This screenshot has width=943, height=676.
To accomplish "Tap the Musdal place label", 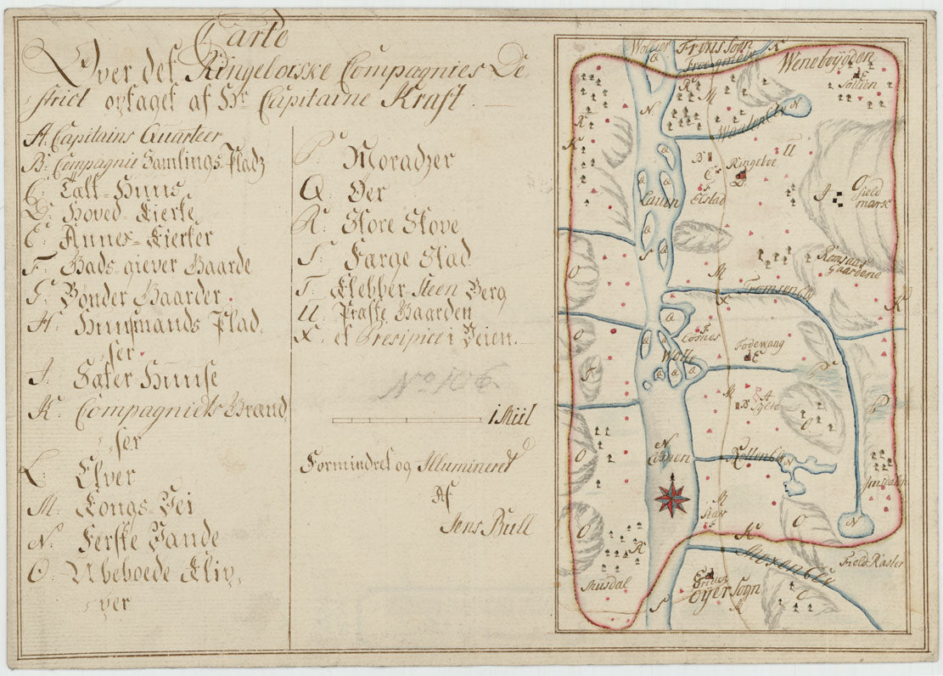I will (x=598, y=585).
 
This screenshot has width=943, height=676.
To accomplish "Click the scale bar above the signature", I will (x=407, y=420).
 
